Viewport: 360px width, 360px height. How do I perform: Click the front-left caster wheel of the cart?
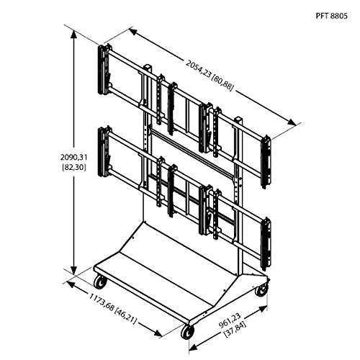click(x=96, y=282)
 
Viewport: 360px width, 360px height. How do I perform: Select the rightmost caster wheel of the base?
click(x=261, y=288)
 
